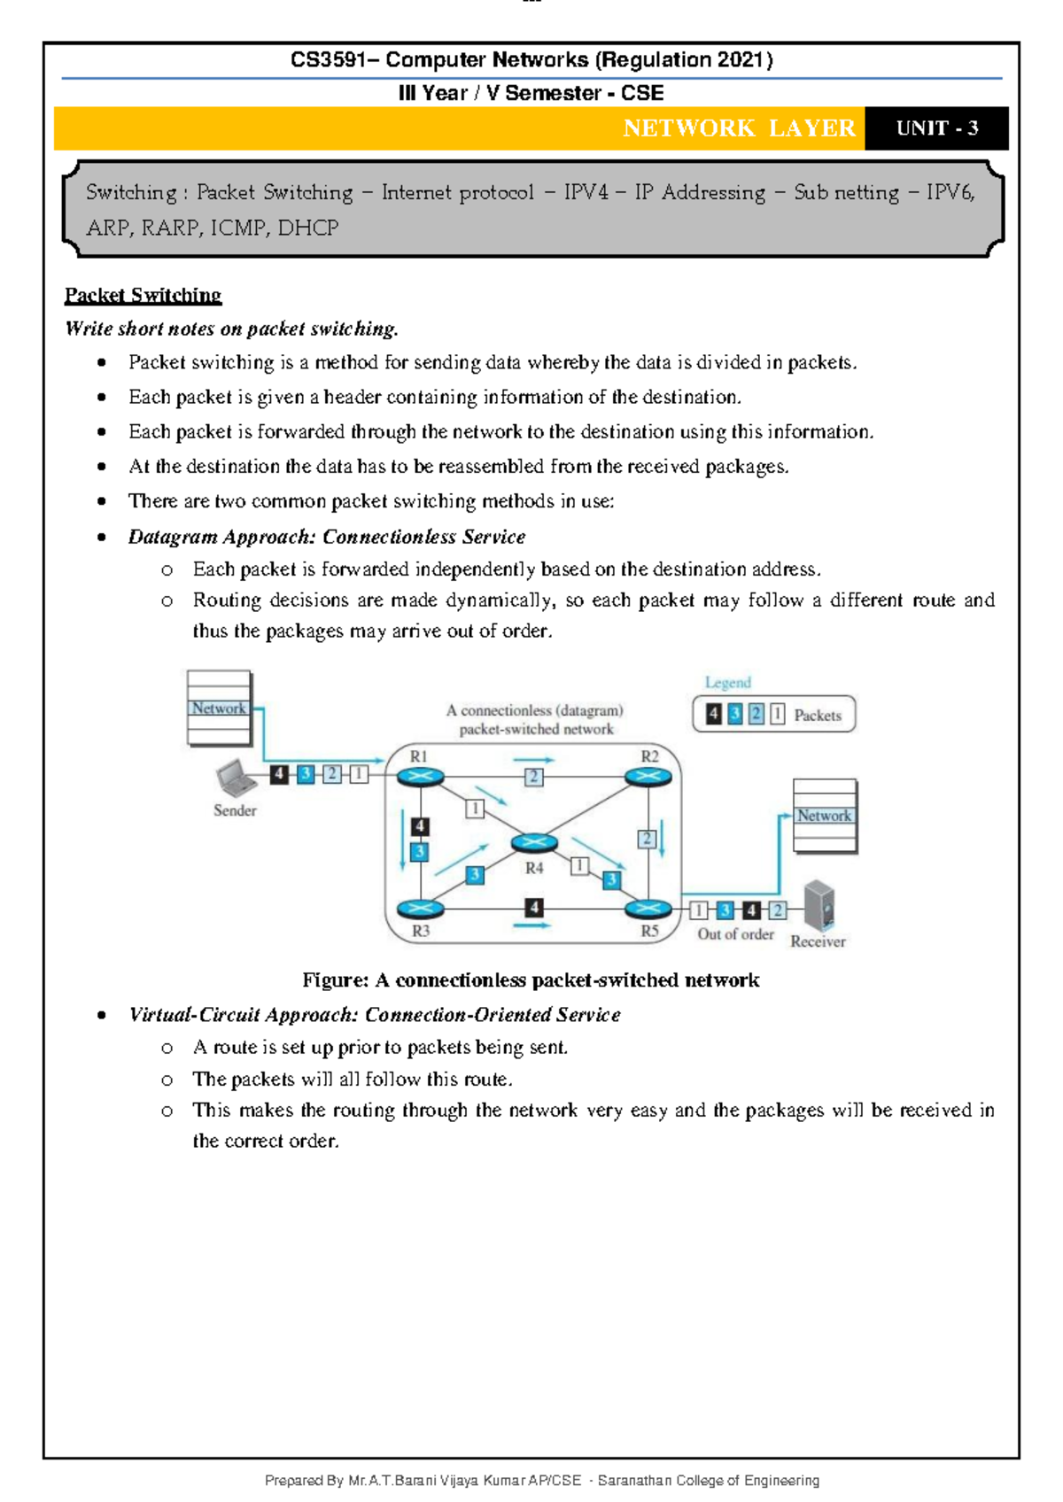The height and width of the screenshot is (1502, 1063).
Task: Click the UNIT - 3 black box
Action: point(936,128)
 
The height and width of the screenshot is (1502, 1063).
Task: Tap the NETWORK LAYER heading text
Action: point(739,128)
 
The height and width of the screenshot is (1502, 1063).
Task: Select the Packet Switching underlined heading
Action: point(143,295)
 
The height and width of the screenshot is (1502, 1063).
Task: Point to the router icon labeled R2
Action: point(648,777)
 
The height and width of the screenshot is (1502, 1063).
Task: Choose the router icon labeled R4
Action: point(533,843)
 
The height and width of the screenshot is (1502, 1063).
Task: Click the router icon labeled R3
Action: point(420,909)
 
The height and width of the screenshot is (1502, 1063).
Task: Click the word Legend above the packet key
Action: point(727,683)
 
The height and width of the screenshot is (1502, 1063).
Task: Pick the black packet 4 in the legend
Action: point(713,714)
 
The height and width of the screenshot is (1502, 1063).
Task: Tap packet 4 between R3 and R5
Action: point(533,908)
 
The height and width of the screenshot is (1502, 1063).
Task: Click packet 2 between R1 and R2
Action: point(533,777)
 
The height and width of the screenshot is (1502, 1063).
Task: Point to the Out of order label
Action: point(735,934)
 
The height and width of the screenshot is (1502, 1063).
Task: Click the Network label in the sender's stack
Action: point(218,708)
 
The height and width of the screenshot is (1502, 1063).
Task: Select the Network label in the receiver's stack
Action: point(824,816)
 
